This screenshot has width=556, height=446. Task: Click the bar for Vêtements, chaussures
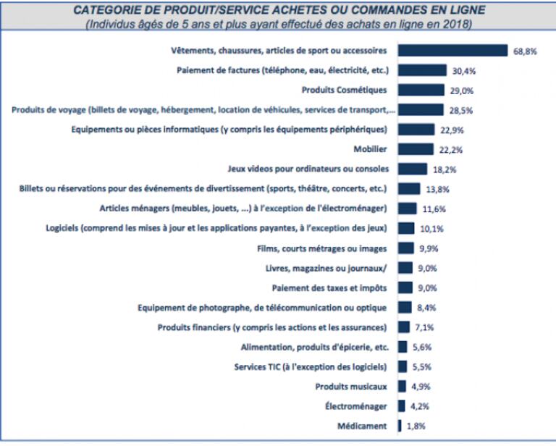pos(453,51)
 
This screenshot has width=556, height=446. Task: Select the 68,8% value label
pos(524,51)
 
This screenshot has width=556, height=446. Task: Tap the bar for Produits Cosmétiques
pos(421,91)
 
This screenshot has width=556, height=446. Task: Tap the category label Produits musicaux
pos(352,387)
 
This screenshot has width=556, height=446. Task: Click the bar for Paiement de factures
pos(422,71)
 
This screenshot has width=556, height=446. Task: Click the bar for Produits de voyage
pos(421,110)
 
